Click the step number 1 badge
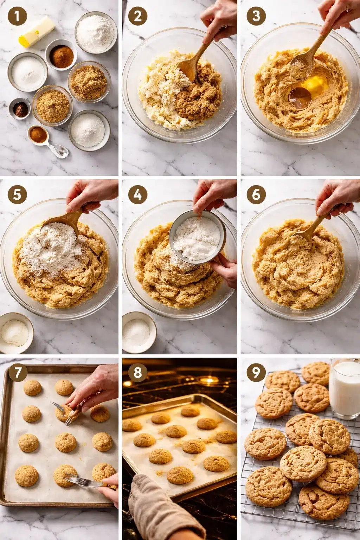click(17, 17)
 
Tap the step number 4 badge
click(137, 195)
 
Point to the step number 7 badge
click(17, 373)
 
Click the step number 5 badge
click(17, 195)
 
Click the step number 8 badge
click(137, 373)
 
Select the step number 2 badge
click(137, 17)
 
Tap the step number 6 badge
click(256, 195)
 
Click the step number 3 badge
click(256, 17)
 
